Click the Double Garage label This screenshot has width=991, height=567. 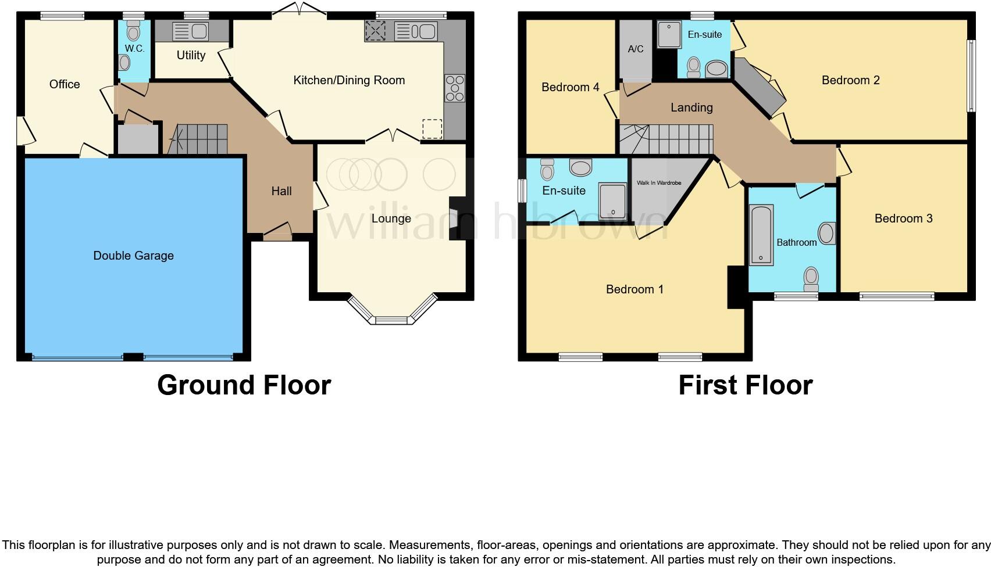(133, 256)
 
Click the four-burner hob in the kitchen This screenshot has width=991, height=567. (455, 88)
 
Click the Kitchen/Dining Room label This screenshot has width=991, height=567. (349, 80)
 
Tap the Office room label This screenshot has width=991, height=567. (65, 84)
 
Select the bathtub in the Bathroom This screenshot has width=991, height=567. (761, 235)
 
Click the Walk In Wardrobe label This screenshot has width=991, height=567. (658, 183)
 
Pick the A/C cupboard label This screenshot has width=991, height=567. (636, 49)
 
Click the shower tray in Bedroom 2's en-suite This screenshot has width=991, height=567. (669, 35)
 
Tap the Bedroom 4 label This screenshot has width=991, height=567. (570, 87)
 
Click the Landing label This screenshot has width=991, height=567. (691, 107)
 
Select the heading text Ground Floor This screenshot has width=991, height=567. (244, 385)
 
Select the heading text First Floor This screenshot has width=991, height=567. (745, 385)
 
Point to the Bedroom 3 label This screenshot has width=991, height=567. (903, 218)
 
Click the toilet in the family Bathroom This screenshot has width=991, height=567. (811, 279)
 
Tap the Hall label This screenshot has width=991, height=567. (281, 191)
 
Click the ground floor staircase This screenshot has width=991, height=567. (201, 139)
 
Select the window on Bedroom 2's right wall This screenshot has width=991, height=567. (971, 76)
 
